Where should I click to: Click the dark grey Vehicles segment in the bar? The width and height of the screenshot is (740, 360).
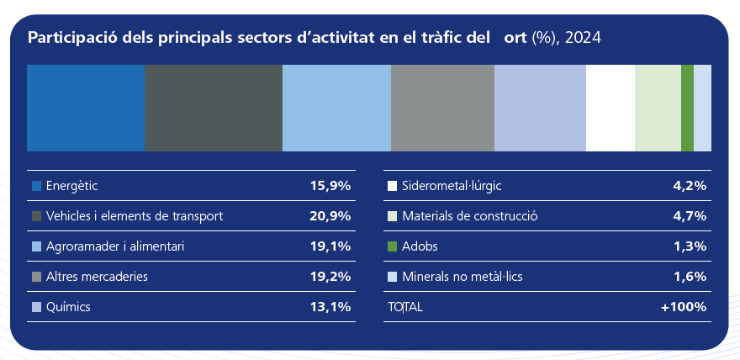tap(213, 109)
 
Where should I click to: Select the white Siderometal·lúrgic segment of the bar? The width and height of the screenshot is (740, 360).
tap(610, 109)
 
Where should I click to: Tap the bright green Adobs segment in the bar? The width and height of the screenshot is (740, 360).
tap(687, 109)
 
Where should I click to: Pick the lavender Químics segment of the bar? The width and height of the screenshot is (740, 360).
tap(539, 109)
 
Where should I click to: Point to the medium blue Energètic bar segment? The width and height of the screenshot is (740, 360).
tap(86, 109)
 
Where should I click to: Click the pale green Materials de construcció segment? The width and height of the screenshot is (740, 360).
tap(658, 109)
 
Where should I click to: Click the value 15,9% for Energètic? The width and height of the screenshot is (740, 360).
tap(330, 186)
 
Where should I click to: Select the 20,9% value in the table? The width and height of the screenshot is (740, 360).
tap(330, 216)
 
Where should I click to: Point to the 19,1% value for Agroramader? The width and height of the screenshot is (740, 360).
tap(330, 246)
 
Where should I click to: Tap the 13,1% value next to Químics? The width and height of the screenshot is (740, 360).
tap(330, 307)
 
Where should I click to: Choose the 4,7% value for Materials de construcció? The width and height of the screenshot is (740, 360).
tap(689, 216)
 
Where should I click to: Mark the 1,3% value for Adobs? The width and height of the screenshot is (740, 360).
tap(689, 246)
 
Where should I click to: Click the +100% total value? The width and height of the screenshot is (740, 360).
tap(683, 307)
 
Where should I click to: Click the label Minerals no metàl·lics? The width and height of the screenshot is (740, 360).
tap(463, 277)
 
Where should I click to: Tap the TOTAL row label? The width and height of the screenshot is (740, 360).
tap(404, 307)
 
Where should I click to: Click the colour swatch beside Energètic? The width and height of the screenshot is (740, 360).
tap(36, 186)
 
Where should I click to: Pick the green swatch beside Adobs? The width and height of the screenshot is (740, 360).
tap(392, 246)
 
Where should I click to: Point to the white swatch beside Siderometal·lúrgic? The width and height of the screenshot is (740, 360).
tap(392, 186)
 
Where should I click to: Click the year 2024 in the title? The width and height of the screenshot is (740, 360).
tap(584, 38)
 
